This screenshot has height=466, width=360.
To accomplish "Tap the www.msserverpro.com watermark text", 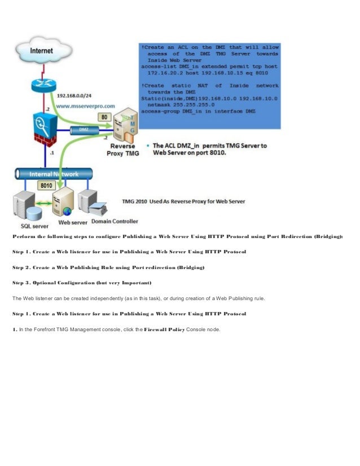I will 85,105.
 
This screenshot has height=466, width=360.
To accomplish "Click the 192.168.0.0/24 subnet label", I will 79,95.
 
